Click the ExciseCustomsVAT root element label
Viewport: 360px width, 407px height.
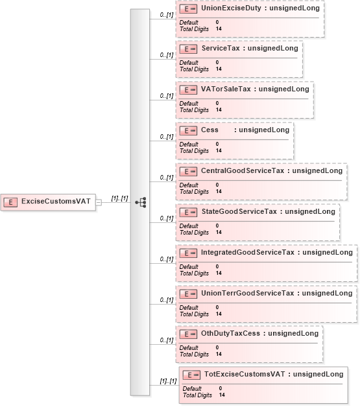[56, 201]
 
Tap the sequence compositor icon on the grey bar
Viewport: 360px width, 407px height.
[141, 202]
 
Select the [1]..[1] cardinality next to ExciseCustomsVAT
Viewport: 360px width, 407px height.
[119, 198]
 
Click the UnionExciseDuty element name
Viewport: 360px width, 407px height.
[231, 8]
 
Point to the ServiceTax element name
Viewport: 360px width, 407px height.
[221, 48]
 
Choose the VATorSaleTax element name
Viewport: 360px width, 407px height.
[226, 89]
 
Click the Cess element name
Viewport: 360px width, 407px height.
[210, 130]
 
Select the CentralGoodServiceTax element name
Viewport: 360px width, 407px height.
[243, 170]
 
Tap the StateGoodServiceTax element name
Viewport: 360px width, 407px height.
[239, 211]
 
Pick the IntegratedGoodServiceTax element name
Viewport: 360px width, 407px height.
[248, 252]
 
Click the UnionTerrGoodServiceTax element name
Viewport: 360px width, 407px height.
[248, 293]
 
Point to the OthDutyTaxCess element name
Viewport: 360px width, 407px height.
[231, 333]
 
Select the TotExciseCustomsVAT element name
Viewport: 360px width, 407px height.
[245, 374]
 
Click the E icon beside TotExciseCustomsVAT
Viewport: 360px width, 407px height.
[191, 375]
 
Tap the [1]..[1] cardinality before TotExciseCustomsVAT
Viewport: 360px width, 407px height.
[168, 381]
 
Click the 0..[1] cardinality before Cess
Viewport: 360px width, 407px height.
[167, 137]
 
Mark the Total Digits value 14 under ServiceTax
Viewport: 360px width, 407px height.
[219, 69]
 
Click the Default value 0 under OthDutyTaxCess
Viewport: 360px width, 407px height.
[217, 347]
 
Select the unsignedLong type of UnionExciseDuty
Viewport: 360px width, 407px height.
[294, 8]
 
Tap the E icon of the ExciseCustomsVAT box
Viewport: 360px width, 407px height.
[10, 202]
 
